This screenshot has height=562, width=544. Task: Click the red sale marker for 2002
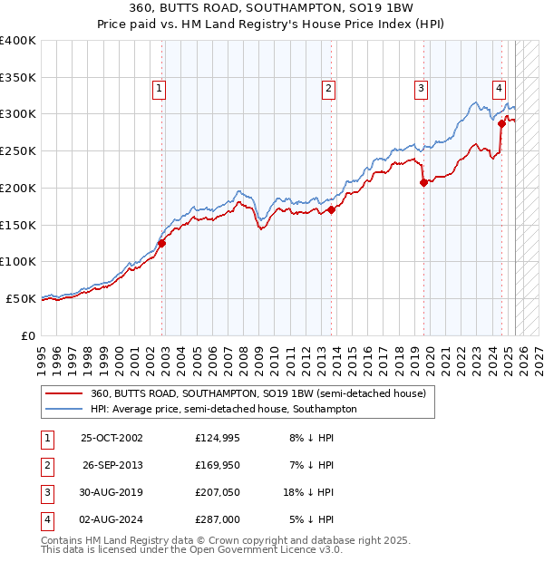pos(162,243)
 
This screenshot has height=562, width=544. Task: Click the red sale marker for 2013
pos(332,209)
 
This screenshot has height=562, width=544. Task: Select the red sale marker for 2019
pos(423,182)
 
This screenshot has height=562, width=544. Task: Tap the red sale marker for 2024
pos(501,123)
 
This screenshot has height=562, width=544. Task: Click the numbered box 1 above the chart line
pos(159,88)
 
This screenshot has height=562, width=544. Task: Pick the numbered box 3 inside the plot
pos(422,88)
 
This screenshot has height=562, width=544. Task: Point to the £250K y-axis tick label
pos(18,150)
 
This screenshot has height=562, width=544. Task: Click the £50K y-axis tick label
pos(21,298)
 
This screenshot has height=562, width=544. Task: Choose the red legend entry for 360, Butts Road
pos(258,393)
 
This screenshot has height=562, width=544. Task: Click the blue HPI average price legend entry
pos(224,409)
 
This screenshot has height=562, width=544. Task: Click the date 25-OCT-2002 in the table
pos(112,438)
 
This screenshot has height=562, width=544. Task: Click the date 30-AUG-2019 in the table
pos(112,492)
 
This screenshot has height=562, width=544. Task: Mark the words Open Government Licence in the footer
pos(264,549)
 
